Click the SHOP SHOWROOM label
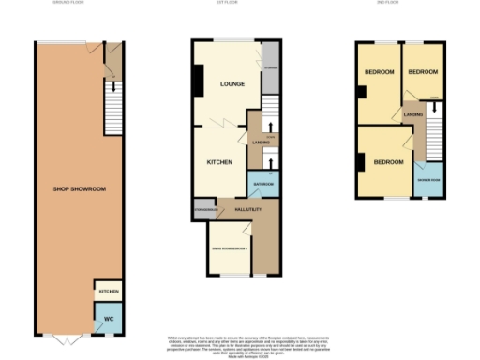coord(79,189)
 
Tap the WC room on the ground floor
coord(108,319)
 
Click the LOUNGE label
coord(232,84)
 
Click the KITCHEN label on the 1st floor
coord(219,162)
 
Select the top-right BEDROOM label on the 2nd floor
coord(425,71)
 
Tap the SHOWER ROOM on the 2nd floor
coord(430,179)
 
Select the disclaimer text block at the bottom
coord(237,343)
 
